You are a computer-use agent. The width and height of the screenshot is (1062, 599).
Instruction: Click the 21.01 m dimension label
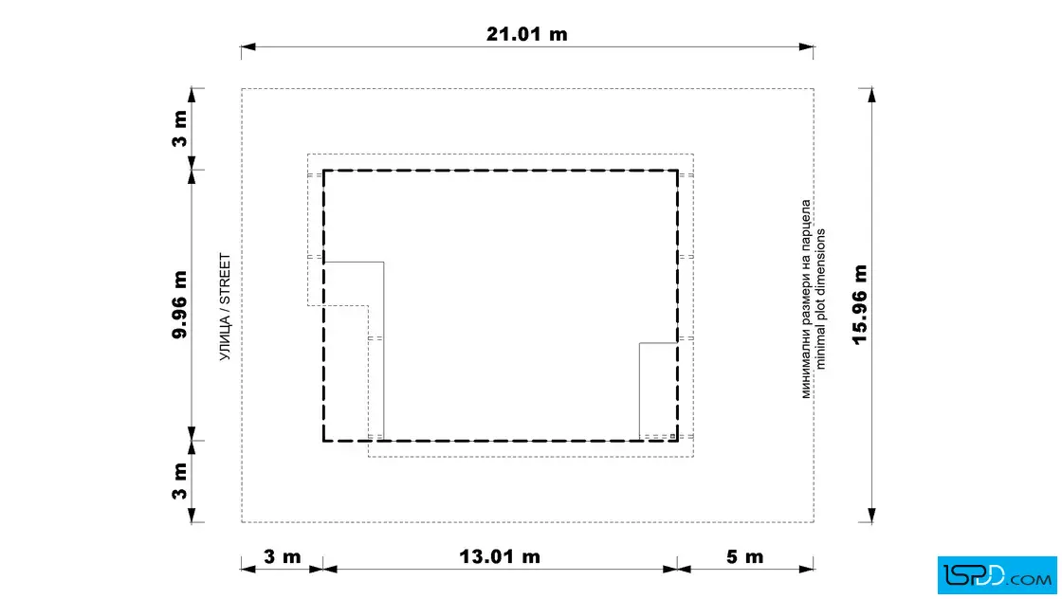[x=527, y=34]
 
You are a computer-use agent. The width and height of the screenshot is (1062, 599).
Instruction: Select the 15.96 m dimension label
[x=859, y=304]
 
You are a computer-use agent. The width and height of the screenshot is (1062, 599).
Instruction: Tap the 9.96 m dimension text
[x=179, y=304]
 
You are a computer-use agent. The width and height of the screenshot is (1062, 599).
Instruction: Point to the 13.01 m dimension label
[x=500, y=557]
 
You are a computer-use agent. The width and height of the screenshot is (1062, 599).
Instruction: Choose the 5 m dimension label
[x=745, y=557]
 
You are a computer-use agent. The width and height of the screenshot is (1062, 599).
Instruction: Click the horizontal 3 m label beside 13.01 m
[x=282, y=557]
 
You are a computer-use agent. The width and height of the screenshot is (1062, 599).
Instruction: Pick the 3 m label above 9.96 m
[x=179, y=129]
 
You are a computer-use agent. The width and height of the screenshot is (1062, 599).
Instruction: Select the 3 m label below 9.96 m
[x=179, y=481]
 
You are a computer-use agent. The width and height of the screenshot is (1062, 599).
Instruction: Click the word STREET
[x=225, y=280]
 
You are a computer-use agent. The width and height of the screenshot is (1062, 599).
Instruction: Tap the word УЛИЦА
[x=225, y=338]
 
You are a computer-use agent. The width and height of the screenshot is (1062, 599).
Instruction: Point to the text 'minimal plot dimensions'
[x=821, y=299]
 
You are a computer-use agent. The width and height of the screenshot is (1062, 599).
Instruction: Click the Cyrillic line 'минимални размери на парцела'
[x=806, y=299]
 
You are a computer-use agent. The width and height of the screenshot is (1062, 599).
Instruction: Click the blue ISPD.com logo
[x=997, y=575]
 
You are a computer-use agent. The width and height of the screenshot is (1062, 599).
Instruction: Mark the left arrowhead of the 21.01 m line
[x=248, y=46]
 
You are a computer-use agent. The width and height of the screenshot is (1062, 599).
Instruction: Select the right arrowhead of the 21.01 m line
[x=806, y=46]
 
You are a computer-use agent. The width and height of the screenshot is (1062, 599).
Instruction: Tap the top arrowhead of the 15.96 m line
[x=871, y=96]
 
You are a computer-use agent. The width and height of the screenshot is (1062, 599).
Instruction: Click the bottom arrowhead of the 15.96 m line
[x=871, y=515]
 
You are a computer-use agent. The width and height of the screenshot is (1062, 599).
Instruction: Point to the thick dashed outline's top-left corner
[x=323, y=171]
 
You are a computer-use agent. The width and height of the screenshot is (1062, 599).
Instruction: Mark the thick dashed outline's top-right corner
[x=677, y=171]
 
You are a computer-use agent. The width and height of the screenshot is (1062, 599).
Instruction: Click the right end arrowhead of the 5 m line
[x=806, y=570]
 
